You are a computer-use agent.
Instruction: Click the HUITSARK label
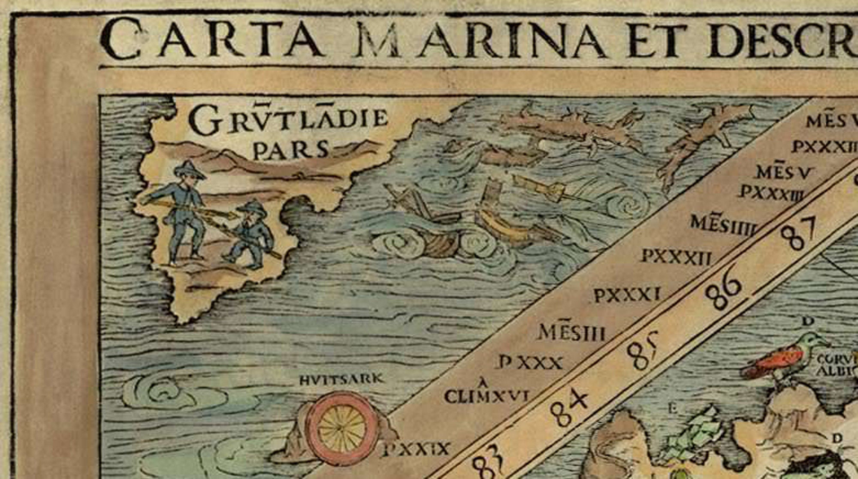click(x=341, y=379)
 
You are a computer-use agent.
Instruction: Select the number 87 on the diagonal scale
click(x=798, y=234)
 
